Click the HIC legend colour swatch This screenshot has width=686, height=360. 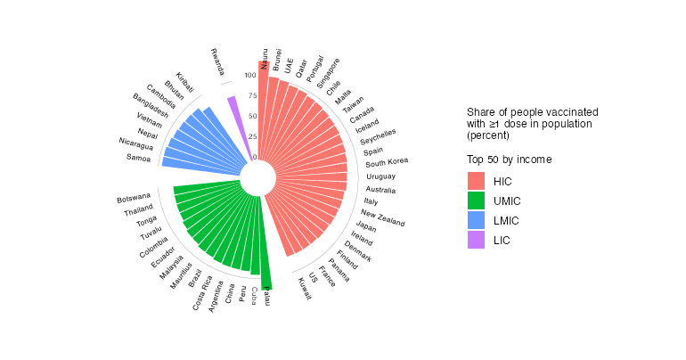tap(476, 181)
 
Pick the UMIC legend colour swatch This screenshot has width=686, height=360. tap(476, 200)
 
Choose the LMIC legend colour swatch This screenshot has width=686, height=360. tap(476, 220)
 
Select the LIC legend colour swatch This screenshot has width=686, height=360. tap(476, 240)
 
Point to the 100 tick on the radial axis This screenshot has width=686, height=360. tap(249, 76)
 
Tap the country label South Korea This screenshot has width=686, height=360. tap(387, 162)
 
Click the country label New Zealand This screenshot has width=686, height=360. tap(383, 216)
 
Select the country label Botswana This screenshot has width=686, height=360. tap(134, 198)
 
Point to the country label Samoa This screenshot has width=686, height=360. tap(138, 158)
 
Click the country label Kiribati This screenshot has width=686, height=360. tap(185, 82)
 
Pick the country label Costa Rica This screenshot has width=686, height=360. tap(201, 293)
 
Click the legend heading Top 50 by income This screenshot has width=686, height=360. tap(509, 160)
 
